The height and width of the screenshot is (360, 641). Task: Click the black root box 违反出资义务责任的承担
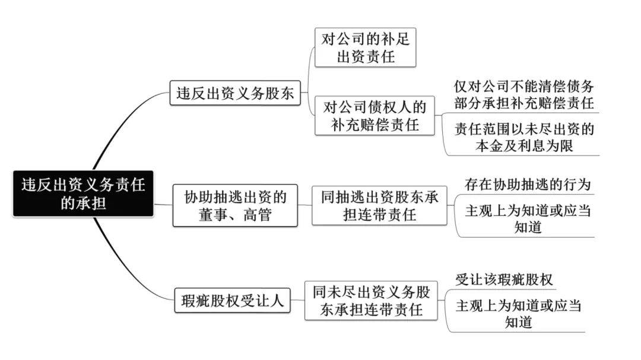[x=84, y=194]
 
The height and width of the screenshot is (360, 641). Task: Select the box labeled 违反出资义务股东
[x=235, y=93]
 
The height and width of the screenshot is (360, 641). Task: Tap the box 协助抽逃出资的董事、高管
[x=235, y=206]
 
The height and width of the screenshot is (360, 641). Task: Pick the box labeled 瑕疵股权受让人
[x=232, y=301]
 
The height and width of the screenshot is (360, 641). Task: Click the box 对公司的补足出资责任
[x=365, y=47]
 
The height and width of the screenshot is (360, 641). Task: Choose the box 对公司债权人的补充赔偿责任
[x=375, y=116]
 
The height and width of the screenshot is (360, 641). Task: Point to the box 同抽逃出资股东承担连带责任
[x=379, y=206]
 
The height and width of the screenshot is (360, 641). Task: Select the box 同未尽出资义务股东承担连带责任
[x=371, y=300]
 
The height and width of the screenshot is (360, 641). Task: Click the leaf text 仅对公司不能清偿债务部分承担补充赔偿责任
[x=523, y=94]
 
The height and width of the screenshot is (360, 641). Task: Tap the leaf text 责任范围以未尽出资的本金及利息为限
[x=524, y=138]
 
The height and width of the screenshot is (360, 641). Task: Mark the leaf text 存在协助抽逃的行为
[x=528, y=184]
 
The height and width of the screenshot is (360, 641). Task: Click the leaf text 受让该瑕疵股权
[x=504, y=279]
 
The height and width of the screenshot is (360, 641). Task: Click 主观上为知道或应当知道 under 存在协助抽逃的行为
[x=528, y=219]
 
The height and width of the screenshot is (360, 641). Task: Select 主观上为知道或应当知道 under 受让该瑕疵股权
[x=518, y=313]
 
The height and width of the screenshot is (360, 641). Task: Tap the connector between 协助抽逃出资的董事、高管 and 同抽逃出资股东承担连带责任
[x=304, y=205]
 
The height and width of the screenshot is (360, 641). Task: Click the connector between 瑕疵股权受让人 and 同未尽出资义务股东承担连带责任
[x=297, y=300]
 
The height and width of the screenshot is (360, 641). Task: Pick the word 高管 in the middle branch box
[x=258, y=215]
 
